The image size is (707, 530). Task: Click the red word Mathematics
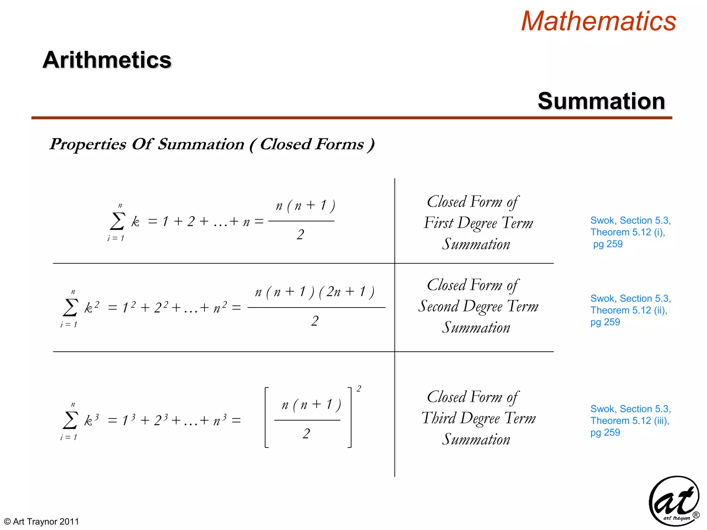pyautogui.click(x=598, y=21)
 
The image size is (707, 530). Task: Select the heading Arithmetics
pyautogui.click(x=107, y=60)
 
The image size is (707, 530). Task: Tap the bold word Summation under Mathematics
pyautogui.click(x=601, y=101)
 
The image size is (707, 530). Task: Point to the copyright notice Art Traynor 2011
pyautogui.click(x=42, y=521)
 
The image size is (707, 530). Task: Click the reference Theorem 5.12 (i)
pyautogui.click(x=627, y=232)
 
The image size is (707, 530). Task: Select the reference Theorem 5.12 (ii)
pyautogui.click(x=628, y=310)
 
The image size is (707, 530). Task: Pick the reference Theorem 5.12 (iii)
pyautogui.click(x=629, y=421)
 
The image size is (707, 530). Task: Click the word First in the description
pyautogui.click(x=438, y=223)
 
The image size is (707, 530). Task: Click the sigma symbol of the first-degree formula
pyautogui.click(x=117, y=221)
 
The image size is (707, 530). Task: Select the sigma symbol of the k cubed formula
pyautogui.click(x=70, y=420)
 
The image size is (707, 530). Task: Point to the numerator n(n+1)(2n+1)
pyautogui.click(x=314, y=292)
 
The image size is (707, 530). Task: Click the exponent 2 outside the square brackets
pyautogui.click(x=359, y=389)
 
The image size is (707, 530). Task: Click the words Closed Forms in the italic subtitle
pyautogui.click(x=312, y=144)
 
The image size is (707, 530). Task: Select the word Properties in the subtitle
pyautogui.click(x=88, y=144)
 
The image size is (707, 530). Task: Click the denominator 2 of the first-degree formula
pyautogui.click(x=300, y=235)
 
